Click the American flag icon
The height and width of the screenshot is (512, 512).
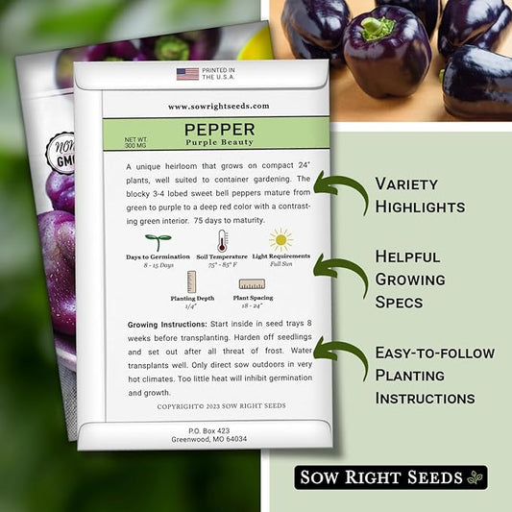187,74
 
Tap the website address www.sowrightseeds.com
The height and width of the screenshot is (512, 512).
219,106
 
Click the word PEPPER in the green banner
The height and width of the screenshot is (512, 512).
219,130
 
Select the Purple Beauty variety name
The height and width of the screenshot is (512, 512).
219,142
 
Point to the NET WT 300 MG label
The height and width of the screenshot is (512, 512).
135,142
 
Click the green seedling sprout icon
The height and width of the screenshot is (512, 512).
158,242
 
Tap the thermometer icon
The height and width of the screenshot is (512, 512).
222,240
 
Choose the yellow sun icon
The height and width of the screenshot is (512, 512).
280,240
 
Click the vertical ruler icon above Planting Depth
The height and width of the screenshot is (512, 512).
191,281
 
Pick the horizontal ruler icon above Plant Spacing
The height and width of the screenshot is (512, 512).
252,283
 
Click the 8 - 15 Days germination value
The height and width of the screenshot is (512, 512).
158,265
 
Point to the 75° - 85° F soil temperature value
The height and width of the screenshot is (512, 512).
222,265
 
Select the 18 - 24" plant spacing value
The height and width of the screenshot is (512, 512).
252,305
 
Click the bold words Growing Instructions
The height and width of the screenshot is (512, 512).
167,325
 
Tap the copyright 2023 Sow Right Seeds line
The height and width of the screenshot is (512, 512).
221,406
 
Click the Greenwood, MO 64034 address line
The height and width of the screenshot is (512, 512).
209,439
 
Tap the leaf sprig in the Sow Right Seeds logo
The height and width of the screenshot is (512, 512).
475,477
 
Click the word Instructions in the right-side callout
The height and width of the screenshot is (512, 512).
425,399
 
